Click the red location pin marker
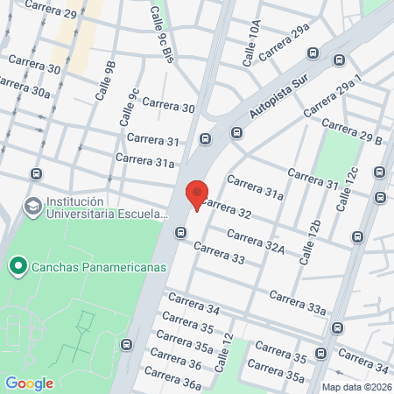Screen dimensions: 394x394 coord(197,193)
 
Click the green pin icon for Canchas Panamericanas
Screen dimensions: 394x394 coord(17,265)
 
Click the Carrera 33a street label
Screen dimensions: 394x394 coord(298,302)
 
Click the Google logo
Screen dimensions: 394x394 coord(29,383)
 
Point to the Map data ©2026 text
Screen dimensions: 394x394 coord(356,387)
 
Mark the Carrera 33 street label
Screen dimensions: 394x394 coord(220,254)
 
